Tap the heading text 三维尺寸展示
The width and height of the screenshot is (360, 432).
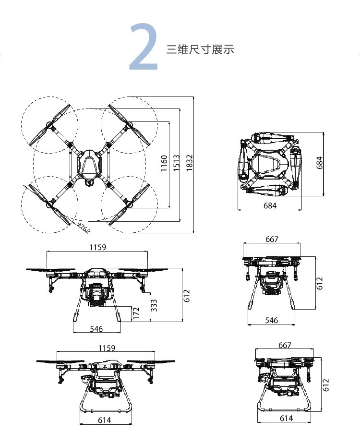(x=200, y=49)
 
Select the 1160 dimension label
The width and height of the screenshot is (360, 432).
(x=164, y=164)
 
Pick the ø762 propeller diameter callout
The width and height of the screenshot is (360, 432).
(x=84, y=228)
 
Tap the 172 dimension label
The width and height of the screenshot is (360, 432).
(x=136, y=313)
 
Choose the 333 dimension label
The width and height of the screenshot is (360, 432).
(x=154, y=305)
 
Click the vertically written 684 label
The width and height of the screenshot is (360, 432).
(x=320, y=164)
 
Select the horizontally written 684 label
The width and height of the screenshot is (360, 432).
(x=271, y=206)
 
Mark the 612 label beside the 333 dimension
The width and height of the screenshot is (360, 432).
(x=187, y=296)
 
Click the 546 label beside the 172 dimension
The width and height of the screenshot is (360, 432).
(x=96, y=329)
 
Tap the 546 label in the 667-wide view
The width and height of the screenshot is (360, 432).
(x=272, y=320)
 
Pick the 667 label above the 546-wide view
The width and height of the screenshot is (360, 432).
(x=272, y=239)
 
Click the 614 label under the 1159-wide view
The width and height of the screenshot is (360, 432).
(x=105, y=420)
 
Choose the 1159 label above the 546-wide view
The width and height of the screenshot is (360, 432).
(x=97, y=247)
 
